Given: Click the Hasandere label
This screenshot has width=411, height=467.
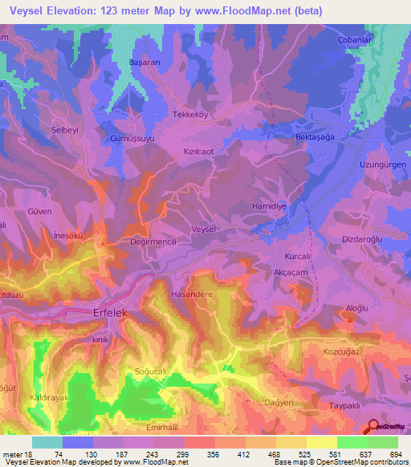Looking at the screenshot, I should coord(191,294).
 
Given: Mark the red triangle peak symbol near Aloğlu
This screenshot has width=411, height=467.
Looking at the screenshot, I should coord(349,320).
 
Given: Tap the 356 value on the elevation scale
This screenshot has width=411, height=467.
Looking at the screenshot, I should coord(189,455).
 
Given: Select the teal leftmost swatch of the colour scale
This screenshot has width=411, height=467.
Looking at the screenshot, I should coord(47,441).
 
